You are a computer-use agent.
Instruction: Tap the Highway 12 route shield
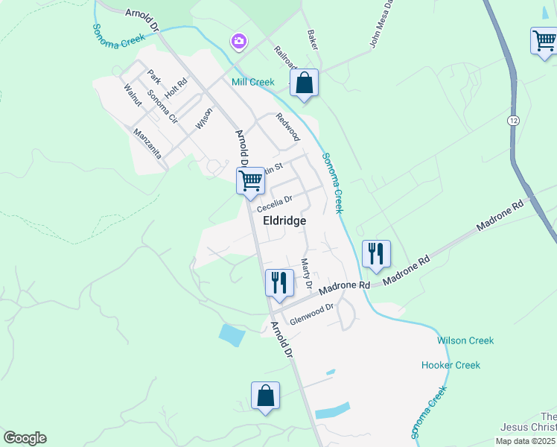[x=513, y=120]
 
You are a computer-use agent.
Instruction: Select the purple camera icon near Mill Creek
[x=238, y=41]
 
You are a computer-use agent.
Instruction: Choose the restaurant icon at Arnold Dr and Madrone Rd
[x=278, y=283]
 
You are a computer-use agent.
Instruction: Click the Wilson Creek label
[x=465, y=340]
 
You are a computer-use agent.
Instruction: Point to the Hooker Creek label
[x=451, y=365]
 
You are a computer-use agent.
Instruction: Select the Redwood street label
[x=287, y=127]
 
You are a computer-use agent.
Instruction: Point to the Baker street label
[x=313, y=40]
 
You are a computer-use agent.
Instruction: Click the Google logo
[x=25, y=438]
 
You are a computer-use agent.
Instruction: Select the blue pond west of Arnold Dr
[x=232, y=335]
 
